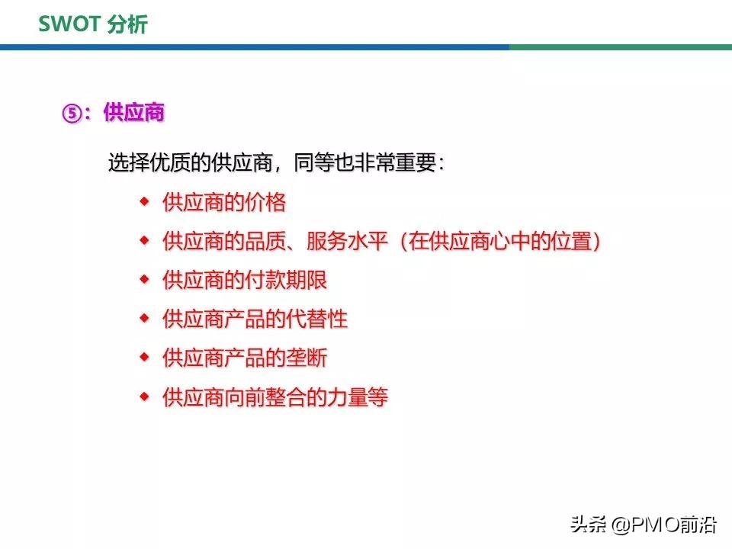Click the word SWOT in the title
pos(69,24)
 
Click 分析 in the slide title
pos(127,24)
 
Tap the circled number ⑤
pos(71,114)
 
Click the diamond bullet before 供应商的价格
pos(143,201)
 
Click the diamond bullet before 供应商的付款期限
pos(143,279)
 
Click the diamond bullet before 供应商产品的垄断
pos(143,357)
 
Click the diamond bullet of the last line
pos(143,396)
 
